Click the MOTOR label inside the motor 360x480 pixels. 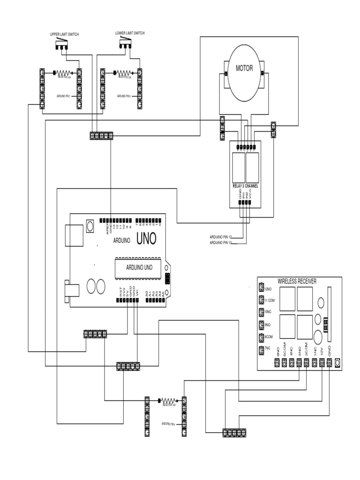tap(244, 68)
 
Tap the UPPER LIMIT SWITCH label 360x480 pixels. tap(65, 35)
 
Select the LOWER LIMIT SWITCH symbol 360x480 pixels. tap(125, 44)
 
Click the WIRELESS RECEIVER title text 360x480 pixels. tap(297, 281)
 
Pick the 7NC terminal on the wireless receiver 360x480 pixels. tap(262, 350)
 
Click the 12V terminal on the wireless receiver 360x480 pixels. tap(322, 362)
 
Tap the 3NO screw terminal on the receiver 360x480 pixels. tap(299, 362)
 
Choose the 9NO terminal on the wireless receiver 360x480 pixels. tap(262, 325)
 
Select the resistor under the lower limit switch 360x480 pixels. tap(123, 73)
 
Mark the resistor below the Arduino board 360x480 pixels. tap(168, 401)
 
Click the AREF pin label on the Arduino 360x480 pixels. tap(107, 228)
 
